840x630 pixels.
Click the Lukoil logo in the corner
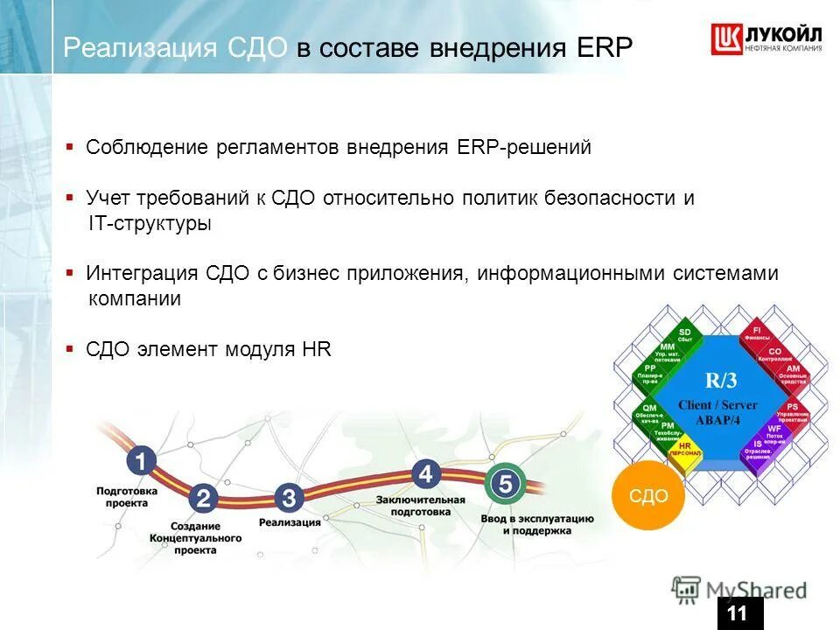pos(766,40)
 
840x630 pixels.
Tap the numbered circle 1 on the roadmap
pos(140,461)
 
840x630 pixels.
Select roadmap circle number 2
pos(203,499)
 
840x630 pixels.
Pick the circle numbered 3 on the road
pos(289,499)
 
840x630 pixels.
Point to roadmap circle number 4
pos(425,473)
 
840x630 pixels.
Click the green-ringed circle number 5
pos(505,483)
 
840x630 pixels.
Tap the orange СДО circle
pos(648,496)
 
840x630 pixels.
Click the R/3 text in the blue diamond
pos(723,380)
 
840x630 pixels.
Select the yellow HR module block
pos(685,449)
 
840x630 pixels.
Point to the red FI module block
pos(757,333)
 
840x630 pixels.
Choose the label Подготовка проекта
pos(127,497)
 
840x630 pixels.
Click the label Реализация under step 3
pos(290,522)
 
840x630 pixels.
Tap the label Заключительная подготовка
pos(420,505)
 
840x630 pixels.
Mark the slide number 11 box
pos(739,613)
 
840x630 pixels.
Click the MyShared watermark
pos(740,589)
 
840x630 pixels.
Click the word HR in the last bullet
pos(316,349)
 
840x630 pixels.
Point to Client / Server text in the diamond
pos(717,405)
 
